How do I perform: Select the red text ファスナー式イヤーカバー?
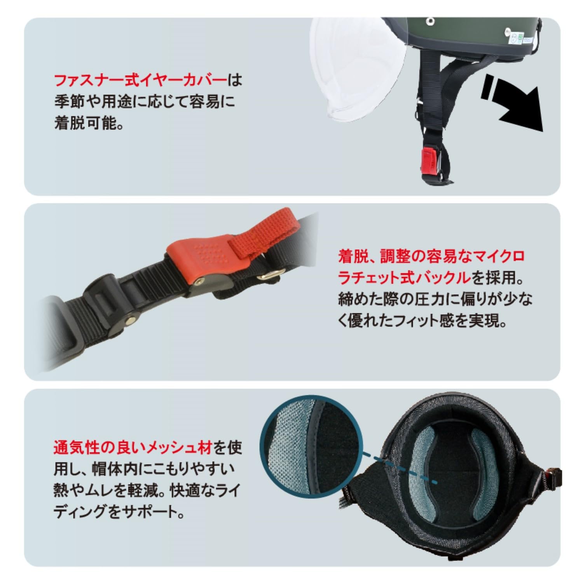pos(140,81)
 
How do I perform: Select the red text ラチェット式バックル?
pos(404,278)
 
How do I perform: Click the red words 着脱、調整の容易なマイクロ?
pos(431,256)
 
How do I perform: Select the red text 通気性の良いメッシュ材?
pos(133,448)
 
